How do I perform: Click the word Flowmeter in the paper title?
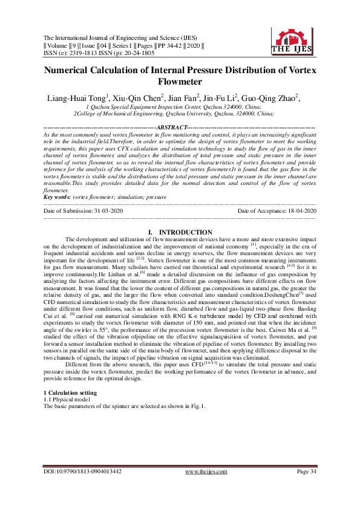[x=180, y=81]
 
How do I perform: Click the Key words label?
[x=57, y=196]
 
